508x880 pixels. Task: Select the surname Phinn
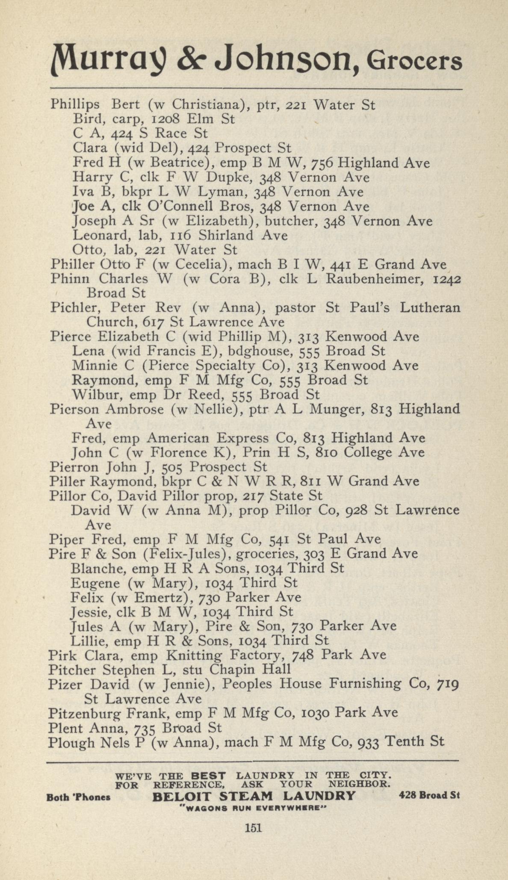[x=70, y=279]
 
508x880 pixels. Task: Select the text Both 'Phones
[x=78, y=797]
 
